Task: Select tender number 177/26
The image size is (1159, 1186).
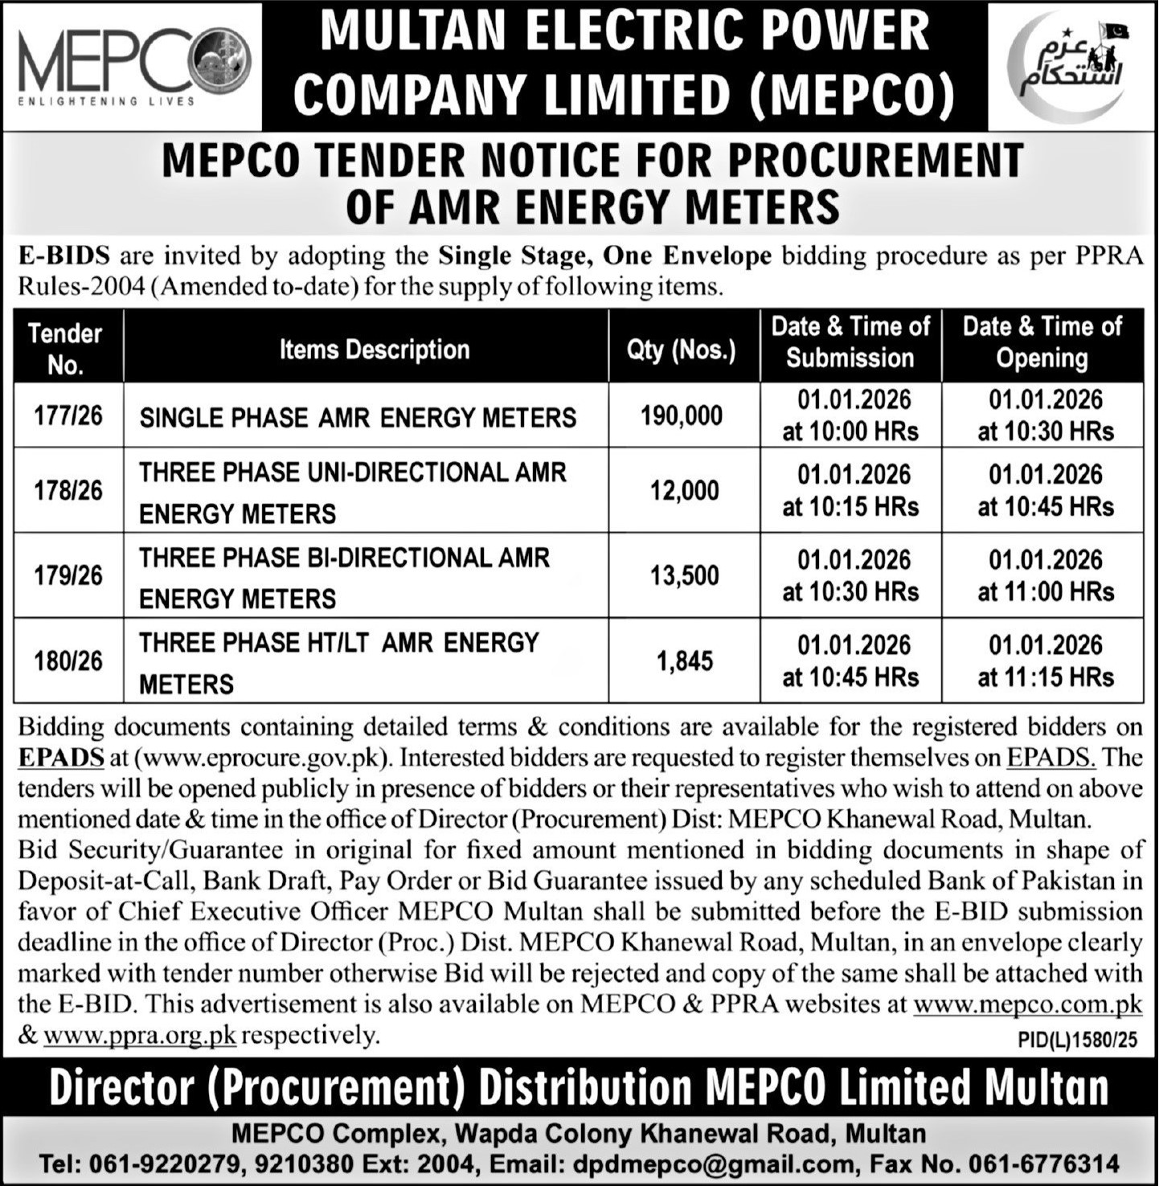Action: (x=68, y=415)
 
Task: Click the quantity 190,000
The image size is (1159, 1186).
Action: (x=682, y=415)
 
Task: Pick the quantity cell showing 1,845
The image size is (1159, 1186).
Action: (x=685, y=661)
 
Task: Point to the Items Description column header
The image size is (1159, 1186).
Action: (x=374, y=350)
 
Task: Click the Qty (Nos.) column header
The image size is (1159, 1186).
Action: (x=682, y=350)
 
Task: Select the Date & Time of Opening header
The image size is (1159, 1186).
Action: (x=1042, y=342)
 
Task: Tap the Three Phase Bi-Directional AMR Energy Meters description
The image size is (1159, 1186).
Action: (x=344, y=577)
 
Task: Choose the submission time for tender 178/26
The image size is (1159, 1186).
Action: (x=850, y=490)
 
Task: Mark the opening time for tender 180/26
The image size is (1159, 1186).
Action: (x=1045, y=661)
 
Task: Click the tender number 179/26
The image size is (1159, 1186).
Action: (x=68, y=575)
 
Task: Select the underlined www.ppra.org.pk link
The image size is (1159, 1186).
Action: (x=139, y=1036)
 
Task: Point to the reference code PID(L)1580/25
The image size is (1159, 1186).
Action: (x=1077, y=1041)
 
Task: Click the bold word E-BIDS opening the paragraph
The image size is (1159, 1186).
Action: (x=64, y=256)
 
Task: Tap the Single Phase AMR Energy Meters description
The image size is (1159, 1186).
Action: (x=358, y=418)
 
